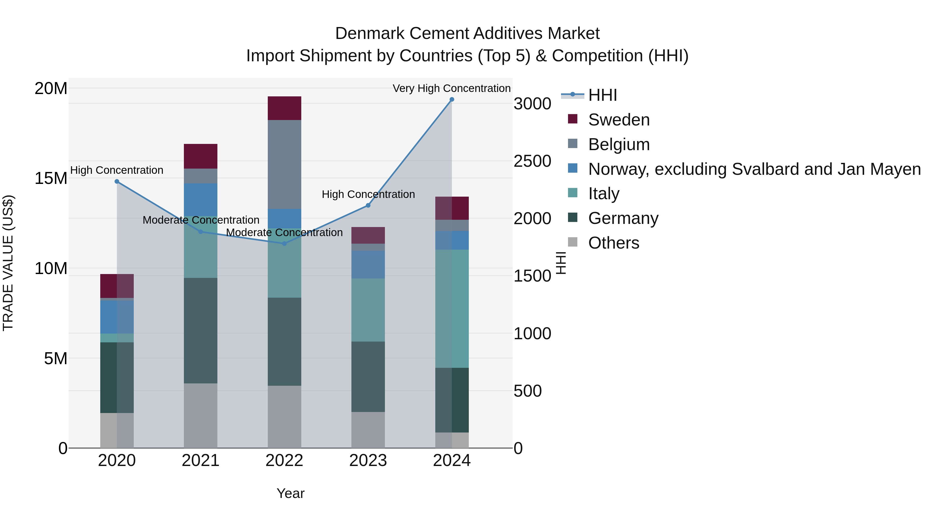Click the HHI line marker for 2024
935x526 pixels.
pos(452,99)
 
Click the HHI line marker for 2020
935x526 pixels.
pos(117,182)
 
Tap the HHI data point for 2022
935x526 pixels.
pos(285,244)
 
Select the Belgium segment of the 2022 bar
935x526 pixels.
pos(285,164)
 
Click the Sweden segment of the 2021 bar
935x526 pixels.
pos(201,156)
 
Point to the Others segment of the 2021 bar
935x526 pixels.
pos(201,415)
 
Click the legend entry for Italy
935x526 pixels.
pos(604,194)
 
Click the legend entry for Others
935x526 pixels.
pos(613,243)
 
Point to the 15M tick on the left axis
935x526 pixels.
pos(51,178)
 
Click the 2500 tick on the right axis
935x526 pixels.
pos(532,161)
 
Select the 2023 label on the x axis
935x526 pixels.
pos(368,461)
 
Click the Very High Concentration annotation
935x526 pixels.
pos(452,88)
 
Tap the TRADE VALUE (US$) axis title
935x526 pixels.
pos(8,263)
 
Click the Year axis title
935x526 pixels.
pos(290,493)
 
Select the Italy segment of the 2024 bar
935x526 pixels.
pos(452,309)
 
